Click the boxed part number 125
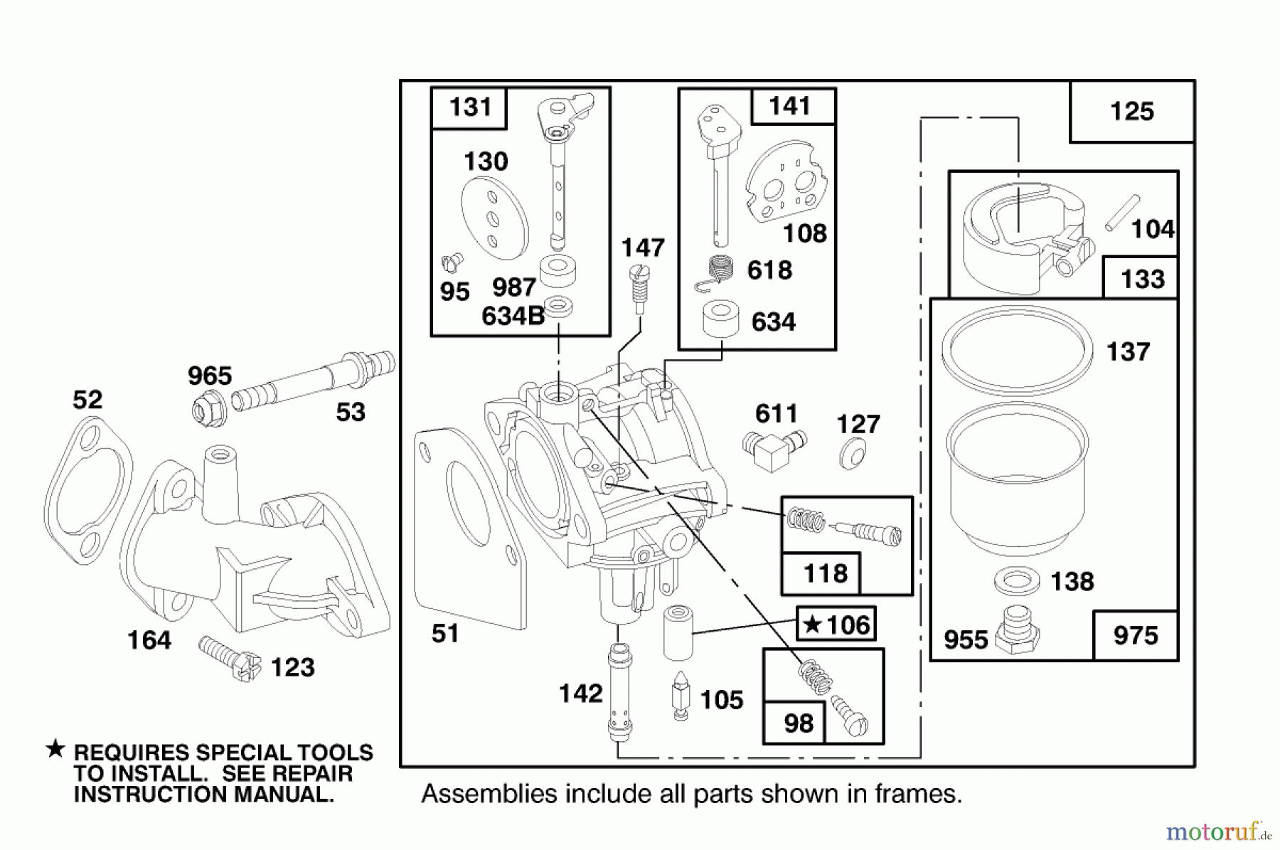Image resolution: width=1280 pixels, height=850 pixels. [1131, 112]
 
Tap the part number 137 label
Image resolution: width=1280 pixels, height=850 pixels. [1128, 352]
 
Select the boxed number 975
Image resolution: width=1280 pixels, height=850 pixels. [1135, 635]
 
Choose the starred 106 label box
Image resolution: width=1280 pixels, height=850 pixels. [836, 625]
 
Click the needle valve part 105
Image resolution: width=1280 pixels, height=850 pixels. [681, 697]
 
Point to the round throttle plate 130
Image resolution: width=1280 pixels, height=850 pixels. [494, 218]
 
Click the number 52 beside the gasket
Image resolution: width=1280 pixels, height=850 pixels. [87, 400]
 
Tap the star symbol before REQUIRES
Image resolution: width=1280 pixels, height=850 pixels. [55, 750]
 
